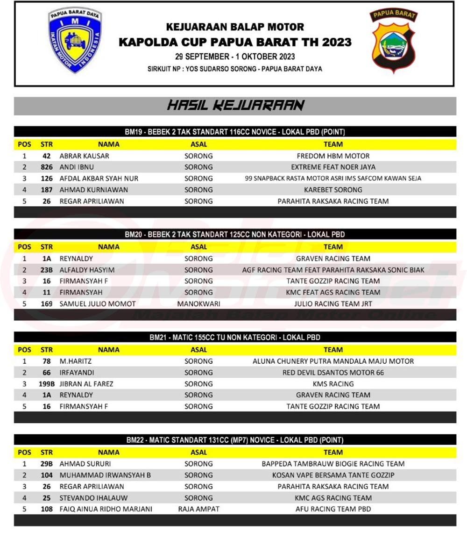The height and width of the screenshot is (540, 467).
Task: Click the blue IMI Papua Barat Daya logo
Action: click(x=75, y=40)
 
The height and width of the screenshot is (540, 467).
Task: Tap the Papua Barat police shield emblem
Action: click(x=393, y=41)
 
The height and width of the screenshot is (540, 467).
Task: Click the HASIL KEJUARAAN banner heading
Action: click(x=235, y=105)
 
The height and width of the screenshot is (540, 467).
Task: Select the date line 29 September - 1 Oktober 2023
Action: click(x=235, y=57)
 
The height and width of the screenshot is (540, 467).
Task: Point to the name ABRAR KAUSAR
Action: click(x=85, y=156)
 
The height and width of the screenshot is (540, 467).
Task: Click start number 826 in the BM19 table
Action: click(x=46, y=167)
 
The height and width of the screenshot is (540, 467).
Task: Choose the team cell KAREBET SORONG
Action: click(x=333, y=190)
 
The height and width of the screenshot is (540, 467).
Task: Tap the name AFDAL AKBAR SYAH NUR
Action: click(x=99, y=179)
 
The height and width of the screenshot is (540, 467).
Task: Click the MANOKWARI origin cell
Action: click(x=198, y=304)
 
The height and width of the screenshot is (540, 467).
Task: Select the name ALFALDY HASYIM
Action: click(x=87, y=270)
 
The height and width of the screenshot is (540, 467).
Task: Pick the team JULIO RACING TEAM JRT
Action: click(x=333, y=304)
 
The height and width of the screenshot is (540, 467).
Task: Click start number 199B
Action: click(x=46, y=384)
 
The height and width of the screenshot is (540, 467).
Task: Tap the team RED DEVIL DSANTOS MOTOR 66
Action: click(x=333, y=373)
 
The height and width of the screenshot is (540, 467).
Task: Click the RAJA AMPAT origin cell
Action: click(x=198, y=509)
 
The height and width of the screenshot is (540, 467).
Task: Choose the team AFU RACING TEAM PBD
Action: click(x=333, y=509)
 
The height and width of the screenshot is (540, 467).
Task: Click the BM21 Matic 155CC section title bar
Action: click(x=235, y=337)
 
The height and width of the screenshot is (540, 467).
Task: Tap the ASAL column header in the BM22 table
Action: click(x=198, y=452)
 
